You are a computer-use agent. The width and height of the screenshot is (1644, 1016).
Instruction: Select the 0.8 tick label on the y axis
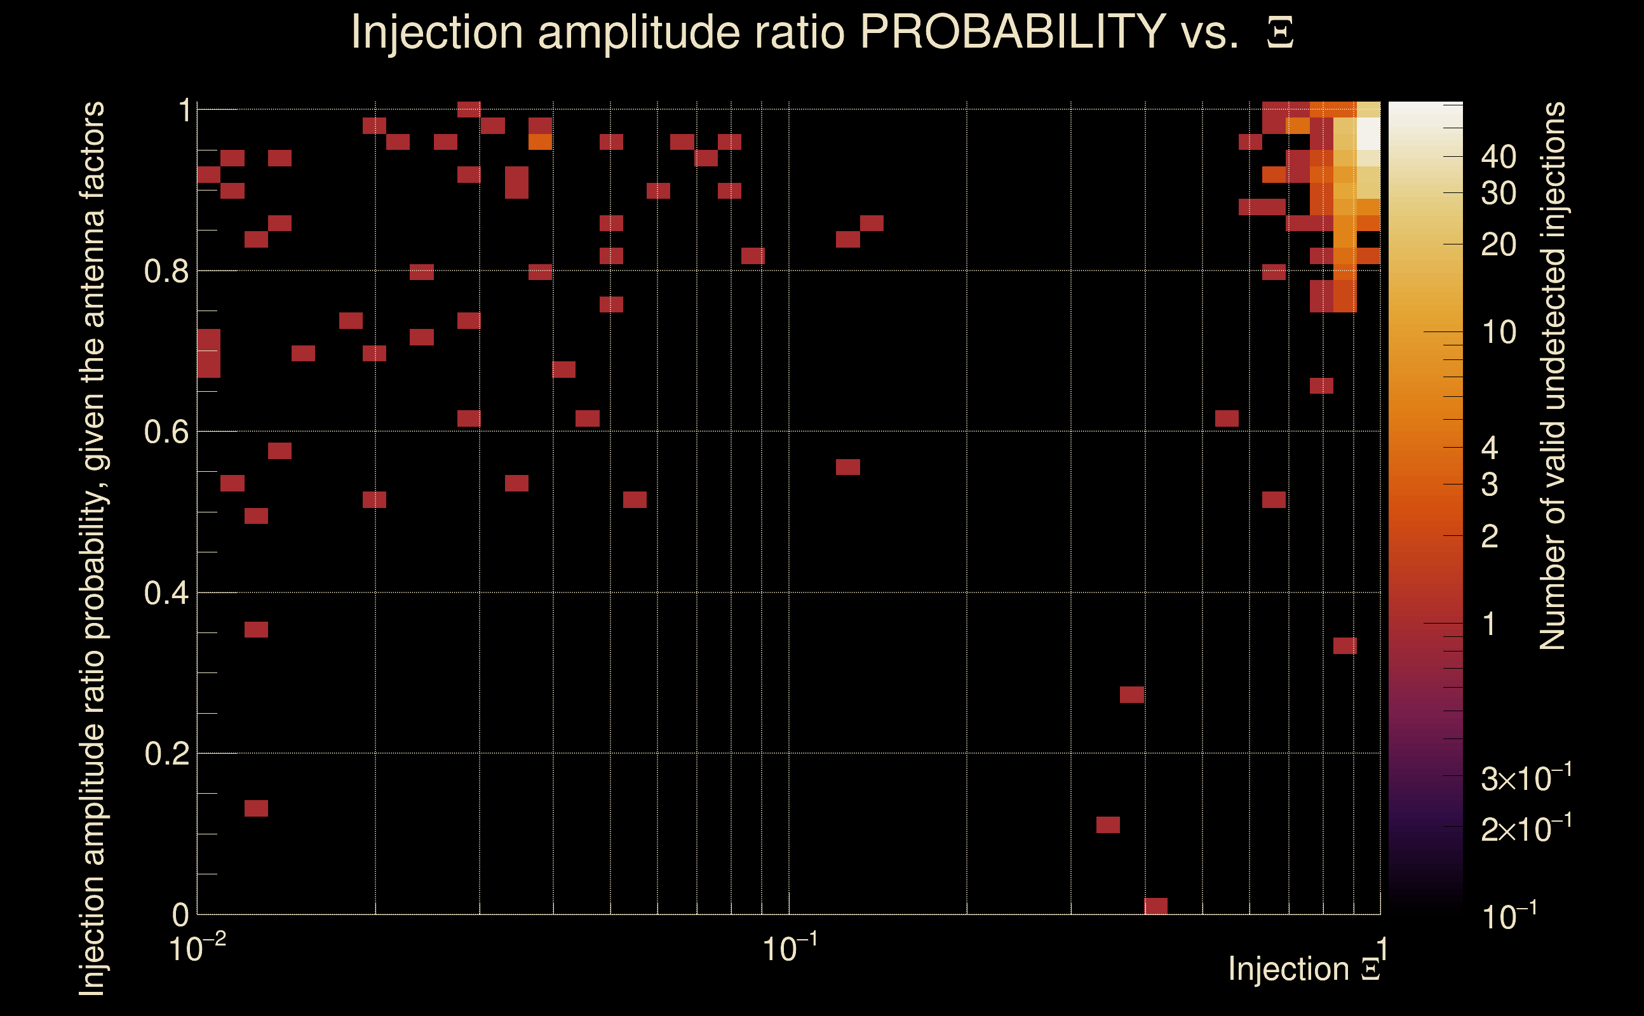point(166,272)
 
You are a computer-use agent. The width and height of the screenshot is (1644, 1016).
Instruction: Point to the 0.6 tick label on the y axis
point(166,432)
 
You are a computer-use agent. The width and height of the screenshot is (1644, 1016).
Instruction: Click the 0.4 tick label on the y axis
point(166,593)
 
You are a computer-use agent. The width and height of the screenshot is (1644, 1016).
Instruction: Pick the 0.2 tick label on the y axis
point(166,754)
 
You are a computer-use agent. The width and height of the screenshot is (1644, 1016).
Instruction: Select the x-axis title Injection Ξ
point(1304,969)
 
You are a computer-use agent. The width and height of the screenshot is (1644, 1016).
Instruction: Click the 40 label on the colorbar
point(1498,157)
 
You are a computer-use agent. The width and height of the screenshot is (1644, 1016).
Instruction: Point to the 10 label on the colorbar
point(1498,332)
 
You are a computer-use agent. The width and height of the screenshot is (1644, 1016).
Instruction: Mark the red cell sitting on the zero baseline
point(1156,906)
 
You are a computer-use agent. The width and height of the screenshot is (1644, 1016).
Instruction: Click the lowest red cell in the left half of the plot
point(256,808)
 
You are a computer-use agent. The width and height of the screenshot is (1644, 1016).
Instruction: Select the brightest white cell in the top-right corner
point(1368,133)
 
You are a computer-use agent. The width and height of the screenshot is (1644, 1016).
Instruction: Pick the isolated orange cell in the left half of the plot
point(540,142)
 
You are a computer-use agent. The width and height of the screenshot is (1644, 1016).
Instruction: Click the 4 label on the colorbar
point(1490,448)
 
